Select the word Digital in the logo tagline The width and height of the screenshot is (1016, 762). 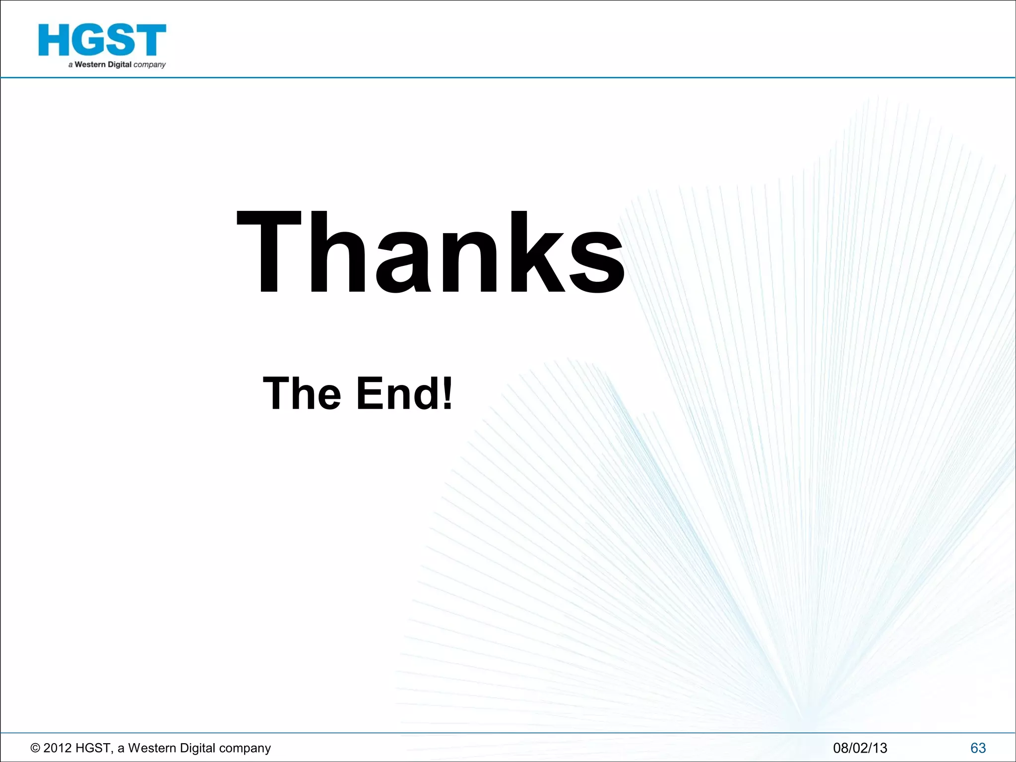tap(120, 64)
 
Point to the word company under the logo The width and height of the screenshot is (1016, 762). tap(149, 65)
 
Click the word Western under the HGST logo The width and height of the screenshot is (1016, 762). tap(90, 64)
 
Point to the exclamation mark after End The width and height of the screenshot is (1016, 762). tap(447, 393)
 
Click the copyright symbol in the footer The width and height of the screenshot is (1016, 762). tap(35, 748)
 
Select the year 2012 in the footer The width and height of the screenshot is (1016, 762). tap(57, 748)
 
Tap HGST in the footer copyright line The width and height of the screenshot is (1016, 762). tap(93, 748)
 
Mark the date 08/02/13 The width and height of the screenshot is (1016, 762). tap(860, 748)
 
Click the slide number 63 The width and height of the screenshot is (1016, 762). tap(978, 748)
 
